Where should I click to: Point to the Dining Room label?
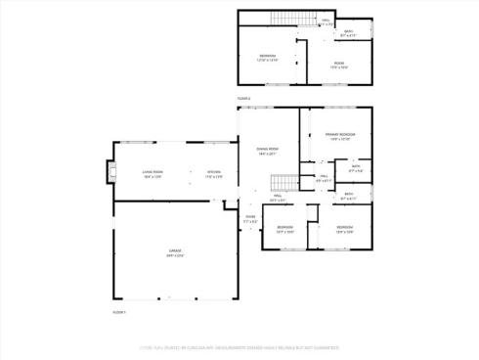(x=268, y=149)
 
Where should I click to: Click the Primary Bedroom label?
(x=340, y=133)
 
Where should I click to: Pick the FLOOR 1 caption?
(x=119, y=311)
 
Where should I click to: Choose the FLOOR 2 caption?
(x=243, y=99)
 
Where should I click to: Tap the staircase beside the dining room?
(x=282, y=183)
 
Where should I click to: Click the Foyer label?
(x=250, y=216)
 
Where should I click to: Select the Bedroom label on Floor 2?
(x=268, y=55)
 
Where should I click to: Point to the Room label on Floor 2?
(x=338, y=64)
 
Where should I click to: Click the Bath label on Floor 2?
(x=348, y=31)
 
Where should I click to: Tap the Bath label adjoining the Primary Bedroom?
(x=356, y=165)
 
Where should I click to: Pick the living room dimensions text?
(x=152, y=176)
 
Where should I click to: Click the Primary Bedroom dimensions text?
(x=340, y=139)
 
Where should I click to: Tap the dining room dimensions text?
(x=268, y=154)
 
